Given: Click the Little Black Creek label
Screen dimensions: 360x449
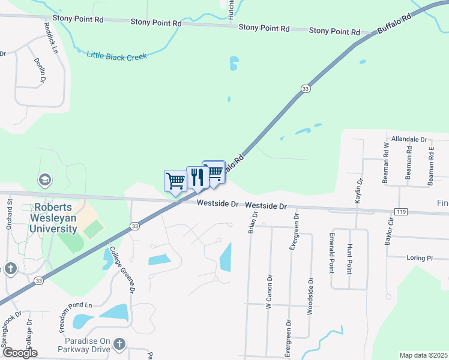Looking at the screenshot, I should pyautogui.click(x=117, y=55).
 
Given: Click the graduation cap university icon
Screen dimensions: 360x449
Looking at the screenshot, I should pyautogui.click(x=44, y=179).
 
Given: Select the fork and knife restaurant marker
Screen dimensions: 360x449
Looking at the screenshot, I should pyautogui.click(x=197, y=177).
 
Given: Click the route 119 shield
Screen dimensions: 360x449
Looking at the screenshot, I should pyautogui.click(x=402, y=211).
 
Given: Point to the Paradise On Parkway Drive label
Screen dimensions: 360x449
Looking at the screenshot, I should pyautogui.click(x=84, y=344).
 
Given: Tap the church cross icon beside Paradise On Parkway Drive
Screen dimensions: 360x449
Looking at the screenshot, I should pyautogui.click(x=119, y=344).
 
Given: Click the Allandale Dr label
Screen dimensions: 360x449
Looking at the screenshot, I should pyautogui.click(x=409, y=139).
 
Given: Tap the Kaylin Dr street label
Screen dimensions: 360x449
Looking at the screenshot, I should pyautogui.click(x=358, y=190).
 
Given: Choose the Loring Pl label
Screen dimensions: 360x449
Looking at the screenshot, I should pyautogui.click(x=421, y=258).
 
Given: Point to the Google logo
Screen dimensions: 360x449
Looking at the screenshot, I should pyautogui.click(x=20, y=353).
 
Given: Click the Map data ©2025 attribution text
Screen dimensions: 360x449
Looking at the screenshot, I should pyautogui.click(x=423, y=355).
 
